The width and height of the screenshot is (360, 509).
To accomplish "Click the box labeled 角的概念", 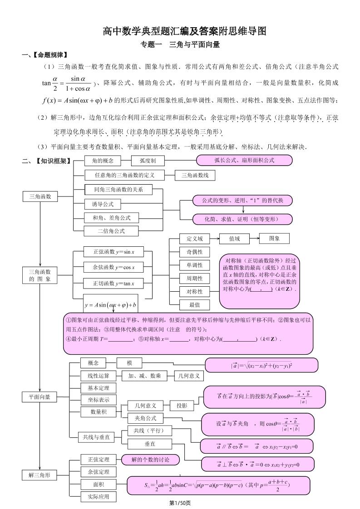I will (x=103, y=161).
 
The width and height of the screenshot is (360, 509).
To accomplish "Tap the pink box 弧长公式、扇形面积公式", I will (x=244, y=160).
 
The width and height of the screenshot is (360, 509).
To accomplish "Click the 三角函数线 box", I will (x=195, y=175).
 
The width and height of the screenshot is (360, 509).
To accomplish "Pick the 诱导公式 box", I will (x=103, y=204).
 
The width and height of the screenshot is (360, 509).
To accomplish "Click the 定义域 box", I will (x=194, y=239).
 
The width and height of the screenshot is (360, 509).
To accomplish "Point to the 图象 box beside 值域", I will (x=274, y=238).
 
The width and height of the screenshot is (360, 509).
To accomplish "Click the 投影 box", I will (x=182, y=406).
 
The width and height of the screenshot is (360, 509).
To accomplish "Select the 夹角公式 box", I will (x=145, y=418).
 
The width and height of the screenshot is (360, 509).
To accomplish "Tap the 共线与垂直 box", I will (x=96, y=437).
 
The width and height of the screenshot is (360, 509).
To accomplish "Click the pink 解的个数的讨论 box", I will (x=150, y=460).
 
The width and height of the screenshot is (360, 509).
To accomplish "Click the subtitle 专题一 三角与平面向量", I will (x=180, y=44).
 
